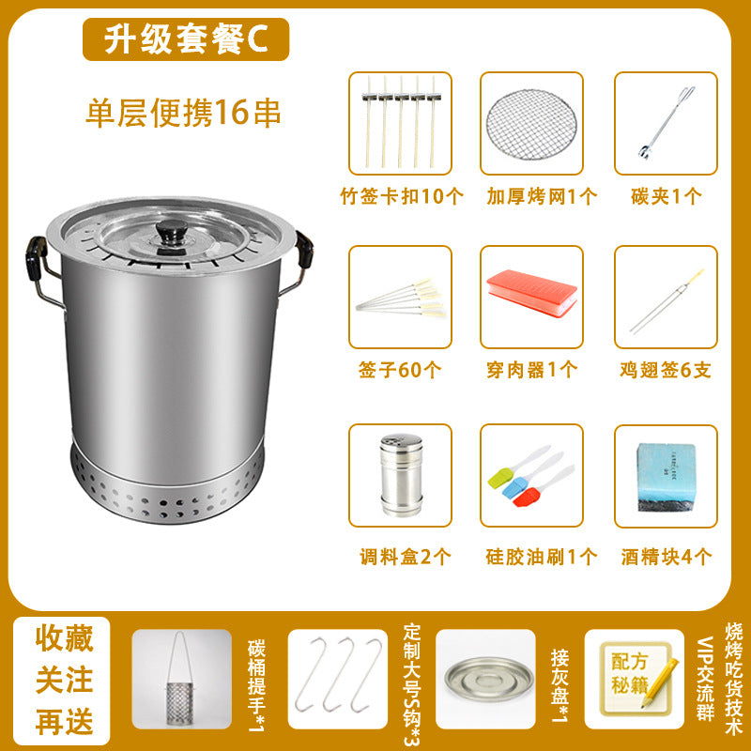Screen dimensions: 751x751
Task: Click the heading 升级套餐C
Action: click(x=186, y=39)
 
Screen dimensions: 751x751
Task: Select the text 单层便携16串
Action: click(x=183, y=113)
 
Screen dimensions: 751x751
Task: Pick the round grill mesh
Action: click(x=531, y=125)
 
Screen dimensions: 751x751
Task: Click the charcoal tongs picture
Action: click(x=667, y=122)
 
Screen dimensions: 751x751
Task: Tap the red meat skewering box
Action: click(x=531, y=293)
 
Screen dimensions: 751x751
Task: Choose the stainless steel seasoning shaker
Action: click(x=402, y=475)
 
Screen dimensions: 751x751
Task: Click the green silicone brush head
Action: click(x=500, y=478)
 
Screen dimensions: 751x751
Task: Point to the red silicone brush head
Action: click(x=526, y=497)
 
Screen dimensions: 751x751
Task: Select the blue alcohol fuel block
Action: click(x=666, y=477)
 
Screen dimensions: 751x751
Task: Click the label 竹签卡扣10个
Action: click(x=402, y=196)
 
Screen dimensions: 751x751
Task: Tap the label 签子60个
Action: click(x=400, y=370)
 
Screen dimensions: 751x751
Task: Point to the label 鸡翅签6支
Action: click(x=666, y=370)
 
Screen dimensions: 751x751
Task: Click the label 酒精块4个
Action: click(x=667, y=557)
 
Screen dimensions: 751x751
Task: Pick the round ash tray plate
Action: click(x=488, y=679)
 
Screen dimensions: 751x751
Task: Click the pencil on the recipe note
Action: click(x=660, y=683)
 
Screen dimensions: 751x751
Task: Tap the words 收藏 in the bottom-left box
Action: click(x=64, y=638)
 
